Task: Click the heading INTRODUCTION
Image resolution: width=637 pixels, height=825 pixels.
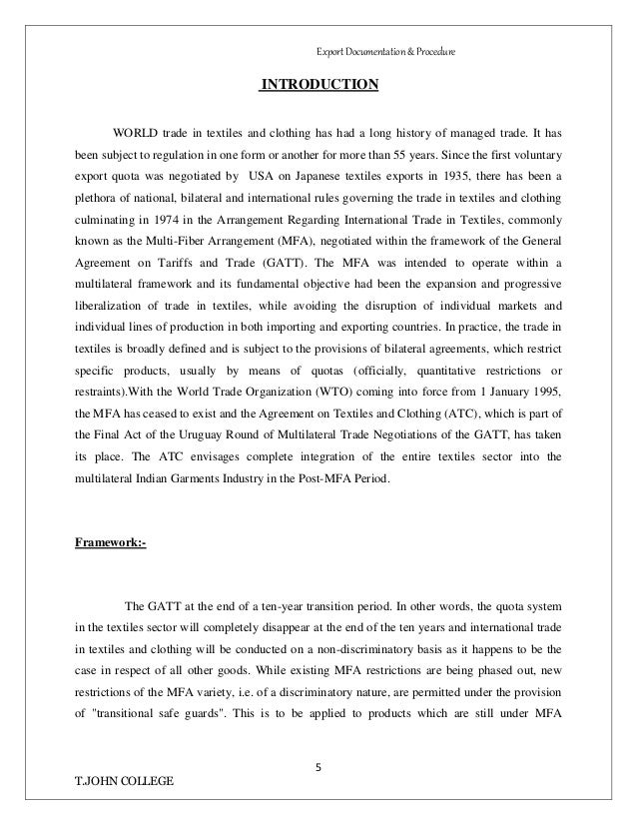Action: [x=319, y=84]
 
